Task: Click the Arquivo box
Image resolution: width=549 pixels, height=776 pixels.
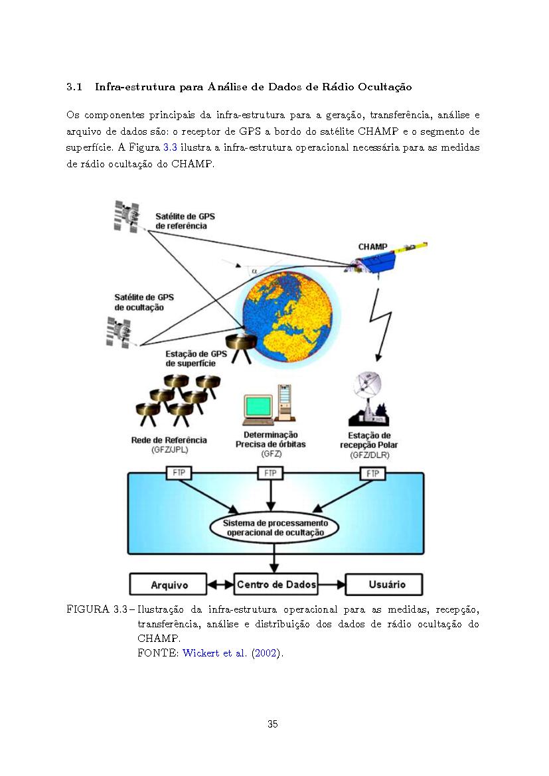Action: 169,584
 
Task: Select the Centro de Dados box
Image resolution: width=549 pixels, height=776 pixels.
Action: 275,584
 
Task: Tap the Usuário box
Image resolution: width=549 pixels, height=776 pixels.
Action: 384,584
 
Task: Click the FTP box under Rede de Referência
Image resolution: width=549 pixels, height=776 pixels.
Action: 179,473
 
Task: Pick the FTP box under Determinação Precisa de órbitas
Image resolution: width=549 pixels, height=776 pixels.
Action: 270,473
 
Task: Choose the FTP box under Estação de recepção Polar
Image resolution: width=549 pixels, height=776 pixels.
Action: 373,473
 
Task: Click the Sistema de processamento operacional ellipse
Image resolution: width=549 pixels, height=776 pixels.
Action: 275,528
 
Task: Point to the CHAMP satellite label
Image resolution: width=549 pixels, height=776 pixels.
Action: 373,246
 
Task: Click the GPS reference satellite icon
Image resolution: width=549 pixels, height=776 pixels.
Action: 126,216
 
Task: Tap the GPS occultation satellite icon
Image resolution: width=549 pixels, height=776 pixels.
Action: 118,332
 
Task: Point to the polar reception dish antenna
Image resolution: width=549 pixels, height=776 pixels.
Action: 368,399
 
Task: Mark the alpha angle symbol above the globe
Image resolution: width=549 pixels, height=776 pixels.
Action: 254,271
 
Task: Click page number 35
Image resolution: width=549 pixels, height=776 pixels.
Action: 272,724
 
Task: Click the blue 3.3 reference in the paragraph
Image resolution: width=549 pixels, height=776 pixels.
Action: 170,147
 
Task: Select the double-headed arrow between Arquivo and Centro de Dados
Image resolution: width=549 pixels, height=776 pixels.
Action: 220,584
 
